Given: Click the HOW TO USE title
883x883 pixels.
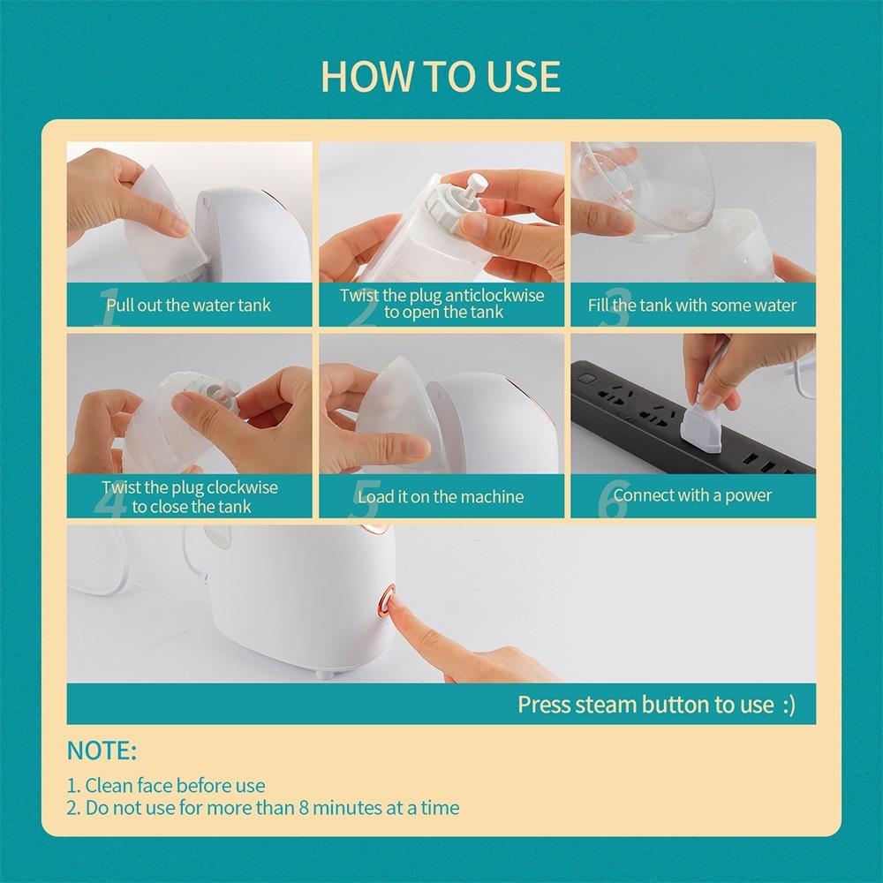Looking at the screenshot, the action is click(x=441, y=76).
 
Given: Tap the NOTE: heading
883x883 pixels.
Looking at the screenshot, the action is click(x=102, y=751).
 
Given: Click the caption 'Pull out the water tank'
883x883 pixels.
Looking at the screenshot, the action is click(x=189, y=306).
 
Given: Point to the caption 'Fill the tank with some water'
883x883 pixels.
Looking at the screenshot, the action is click(x=692, y=306).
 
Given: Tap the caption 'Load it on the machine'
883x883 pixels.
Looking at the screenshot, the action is click(x=441, y=496).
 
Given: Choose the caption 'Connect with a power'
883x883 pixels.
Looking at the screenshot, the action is click(x=692, y=495).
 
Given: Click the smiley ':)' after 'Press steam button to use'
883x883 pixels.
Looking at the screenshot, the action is click(x=789, y=705).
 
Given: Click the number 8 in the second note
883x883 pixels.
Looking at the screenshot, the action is click(x=304, y=808).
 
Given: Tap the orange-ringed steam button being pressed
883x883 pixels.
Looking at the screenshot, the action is click(x=387, y=601).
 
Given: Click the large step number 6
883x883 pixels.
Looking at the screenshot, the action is click(x=612, y=500).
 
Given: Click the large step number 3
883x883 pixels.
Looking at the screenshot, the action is click(x=614, y=308).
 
